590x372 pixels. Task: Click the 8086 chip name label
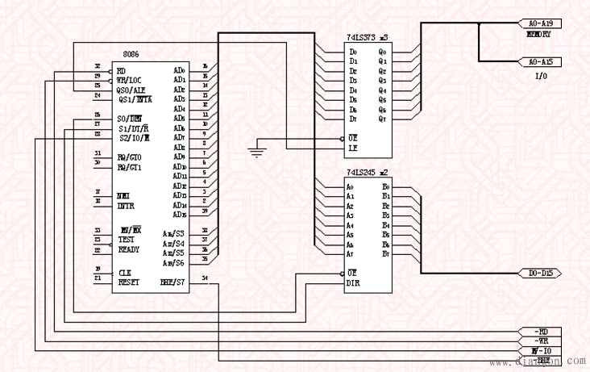point(131,54)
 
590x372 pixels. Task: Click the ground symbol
point(256,151)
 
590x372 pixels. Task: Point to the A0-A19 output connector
point(544,23)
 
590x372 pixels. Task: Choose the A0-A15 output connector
point(544,62)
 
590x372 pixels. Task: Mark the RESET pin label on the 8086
point(129,282)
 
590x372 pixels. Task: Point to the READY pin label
point(129,249)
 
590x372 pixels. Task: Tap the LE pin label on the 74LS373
point(352,148)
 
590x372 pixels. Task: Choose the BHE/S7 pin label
point(173,282)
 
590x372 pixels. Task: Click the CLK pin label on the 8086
point(125,273)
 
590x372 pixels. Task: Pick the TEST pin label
point(127,240)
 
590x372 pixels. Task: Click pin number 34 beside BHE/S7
point(205,280)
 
